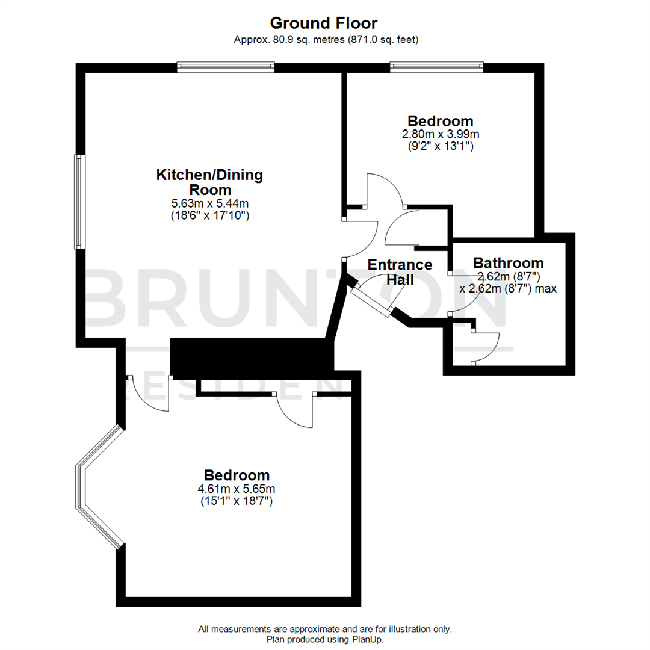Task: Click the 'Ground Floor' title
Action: (x=324, y=23)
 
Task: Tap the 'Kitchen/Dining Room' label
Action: (x=209, y=182)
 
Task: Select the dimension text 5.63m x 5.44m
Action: (x=209, y=203)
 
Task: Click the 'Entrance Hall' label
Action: (x=400, y=272)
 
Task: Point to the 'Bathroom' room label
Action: (x=509, y=263)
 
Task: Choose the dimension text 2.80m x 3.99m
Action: (x=441, y=134)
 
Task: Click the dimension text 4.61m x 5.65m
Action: (x=237, y=489)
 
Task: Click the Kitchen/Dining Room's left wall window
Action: (x=79, y=202)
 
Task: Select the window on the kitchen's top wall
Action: (x=226, y=67)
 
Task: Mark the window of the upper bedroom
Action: (x=436, y=67)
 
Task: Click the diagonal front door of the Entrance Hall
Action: (x=371, y=299)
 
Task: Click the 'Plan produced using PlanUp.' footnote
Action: (x=324, y=639)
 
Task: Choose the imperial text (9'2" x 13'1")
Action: (x=441, y=145)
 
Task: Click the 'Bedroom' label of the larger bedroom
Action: (x=237, y=475)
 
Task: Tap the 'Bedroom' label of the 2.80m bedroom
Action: (x=441, y=120)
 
